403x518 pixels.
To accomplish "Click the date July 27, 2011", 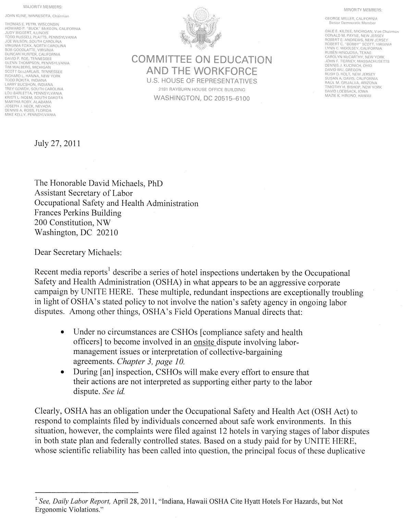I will (58, 143).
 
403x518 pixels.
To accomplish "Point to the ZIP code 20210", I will (107, 233).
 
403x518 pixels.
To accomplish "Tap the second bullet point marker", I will (62, 373).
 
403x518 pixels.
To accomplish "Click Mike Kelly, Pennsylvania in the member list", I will (30, 115).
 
